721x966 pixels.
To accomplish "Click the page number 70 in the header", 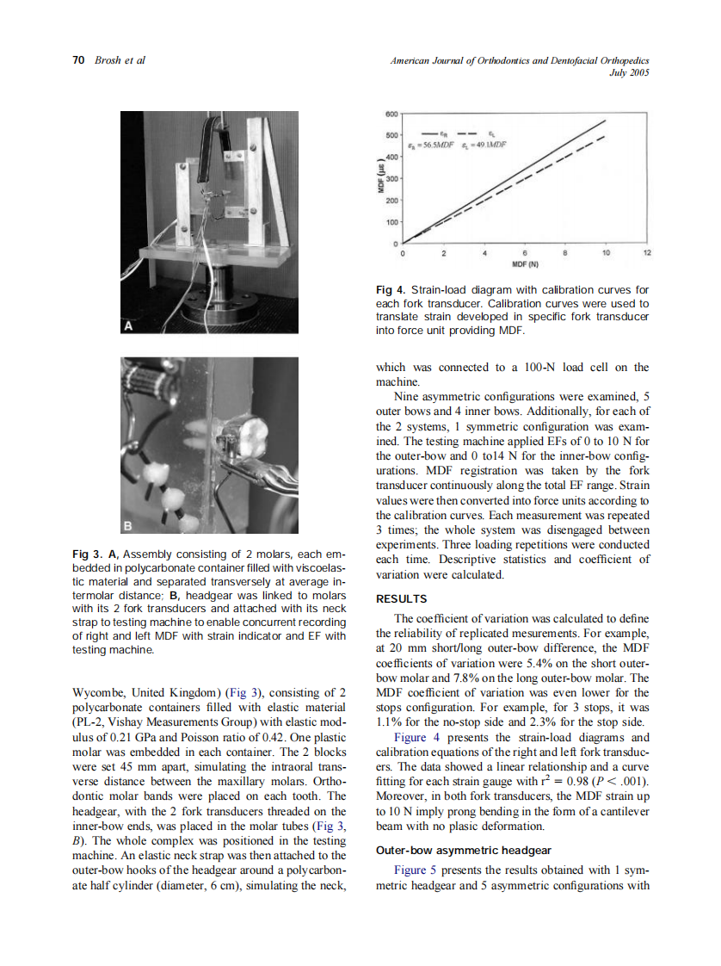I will tap(77, 59).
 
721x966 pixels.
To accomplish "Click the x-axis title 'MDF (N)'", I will tap(525, 264).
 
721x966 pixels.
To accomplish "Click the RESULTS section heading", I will tap(401, 598).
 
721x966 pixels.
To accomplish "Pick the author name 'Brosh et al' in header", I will tap(119, 59).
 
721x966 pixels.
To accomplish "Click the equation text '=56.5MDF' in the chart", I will tap(437, 146).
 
